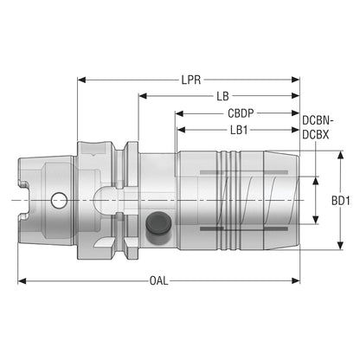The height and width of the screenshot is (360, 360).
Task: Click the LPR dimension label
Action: pos(191,80)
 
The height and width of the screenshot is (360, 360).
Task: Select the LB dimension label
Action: pos(222,96)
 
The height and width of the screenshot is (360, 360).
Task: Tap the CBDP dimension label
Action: pos(241,113)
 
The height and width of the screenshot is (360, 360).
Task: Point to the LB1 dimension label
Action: pos(239,130)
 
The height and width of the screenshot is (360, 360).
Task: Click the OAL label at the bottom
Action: pos(158,280)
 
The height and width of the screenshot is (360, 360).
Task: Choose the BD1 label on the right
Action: pos(341,201)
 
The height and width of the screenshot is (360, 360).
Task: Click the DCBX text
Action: pos(316,135)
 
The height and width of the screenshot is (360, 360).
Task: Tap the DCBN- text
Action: pos(318,120)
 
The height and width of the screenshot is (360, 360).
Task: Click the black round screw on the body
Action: pos(158,223)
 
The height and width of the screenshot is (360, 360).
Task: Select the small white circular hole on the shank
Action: pos(59,200)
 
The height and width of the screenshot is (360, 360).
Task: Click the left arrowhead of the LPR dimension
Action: pos(82,80)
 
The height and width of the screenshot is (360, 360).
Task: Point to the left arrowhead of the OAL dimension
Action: pos(22,280)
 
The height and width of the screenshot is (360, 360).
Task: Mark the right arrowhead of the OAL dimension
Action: pos(296,280)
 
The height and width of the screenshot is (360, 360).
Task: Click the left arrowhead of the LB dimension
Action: pos(143,96)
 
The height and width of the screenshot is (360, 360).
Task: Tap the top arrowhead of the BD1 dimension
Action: pos(341,155)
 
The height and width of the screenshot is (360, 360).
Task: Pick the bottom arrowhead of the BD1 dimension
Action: pos(341,246)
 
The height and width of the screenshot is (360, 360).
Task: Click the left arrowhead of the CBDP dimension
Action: pos(179,113)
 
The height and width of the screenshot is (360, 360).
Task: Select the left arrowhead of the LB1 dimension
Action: pos(181,130)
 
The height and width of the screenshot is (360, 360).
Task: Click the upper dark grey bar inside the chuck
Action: pos(244,172)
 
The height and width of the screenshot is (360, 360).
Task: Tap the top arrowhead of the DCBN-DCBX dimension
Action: pos(316,181)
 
